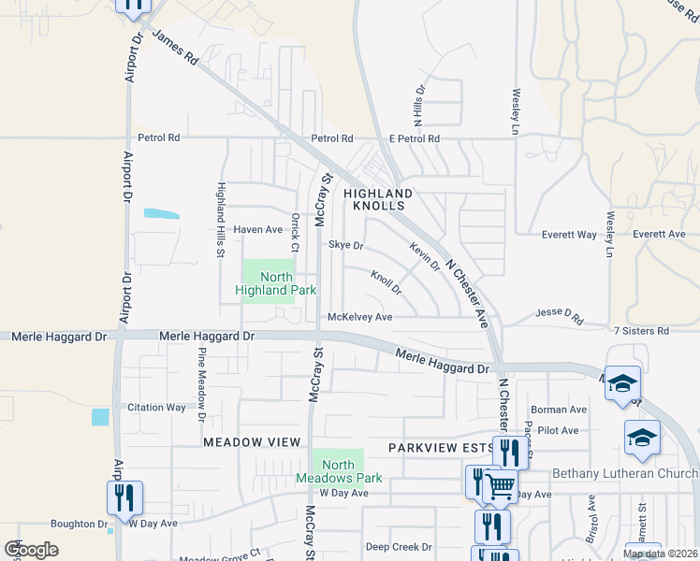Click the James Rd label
(x=175, y=49)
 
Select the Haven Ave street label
(x=257, y=229)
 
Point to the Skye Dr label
(x=345, y=245)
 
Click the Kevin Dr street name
(x=424, y=255)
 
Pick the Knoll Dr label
(x=386, y=282)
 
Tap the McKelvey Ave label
(x=359, y=317)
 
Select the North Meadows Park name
(x=339, y=471)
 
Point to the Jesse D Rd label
(x=559, y=316)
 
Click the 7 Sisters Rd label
(x=641, y=331)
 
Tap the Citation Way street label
(x=156, y=408)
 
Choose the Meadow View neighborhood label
(x=252, y=441)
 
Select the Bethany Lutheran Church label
(x=625, y=473)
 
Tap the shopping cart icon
(x=500, y=485)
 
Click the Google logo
(x=31, y=550)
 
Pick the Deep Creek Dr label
(x=399, y=547)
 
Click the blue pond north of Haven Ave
(x=161, y=213)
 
